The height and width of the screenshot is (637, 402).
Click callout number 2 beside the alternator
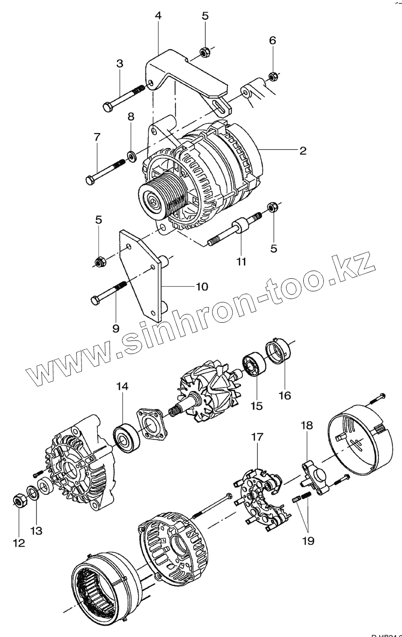303,151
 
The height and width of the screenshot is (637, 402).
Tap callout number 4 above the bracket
158,15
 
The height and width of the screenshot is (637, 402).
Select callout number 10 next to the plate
202,286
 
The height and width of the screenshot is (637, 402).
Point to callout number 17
257,437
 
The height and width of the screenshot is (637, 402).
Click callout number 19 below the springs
308,541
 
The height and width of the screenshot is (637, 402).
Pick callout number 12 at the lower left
19,543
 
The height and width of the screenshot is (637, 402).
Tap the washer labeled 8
131,154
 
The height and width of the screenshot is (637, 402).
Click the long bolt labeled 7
106,171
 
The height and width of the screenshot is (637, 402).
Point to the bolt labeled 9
107,291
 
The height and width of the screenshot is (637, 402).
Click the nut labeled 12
19,502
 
